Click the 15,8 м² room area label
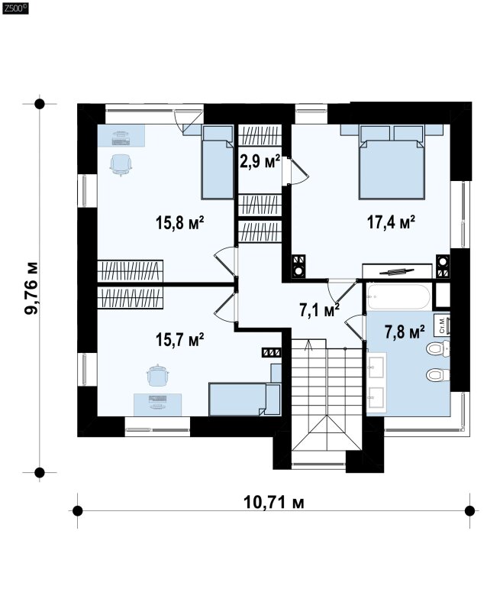coord(180,223)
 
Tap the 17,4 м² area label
coord(391,222)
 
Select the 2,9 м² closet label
coord(260,161)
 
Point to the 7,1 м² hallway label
coord(319,310)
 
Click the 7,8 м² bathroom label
coord(405,332)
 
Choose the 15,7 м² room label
coord(180,340)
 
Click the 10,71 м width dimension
coord(274,502)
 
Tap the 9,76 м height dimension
coord(31,288)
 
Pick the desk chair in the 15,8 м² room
coord(120,165)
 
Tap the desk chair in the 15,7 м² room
coord(158,375)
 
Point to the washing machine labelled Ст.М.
coord(443,325)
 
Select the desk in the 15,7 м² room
coord(157,405)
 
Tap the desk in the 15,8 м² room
coord(121,136)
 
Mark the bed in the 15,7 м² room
coord(245,399)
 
